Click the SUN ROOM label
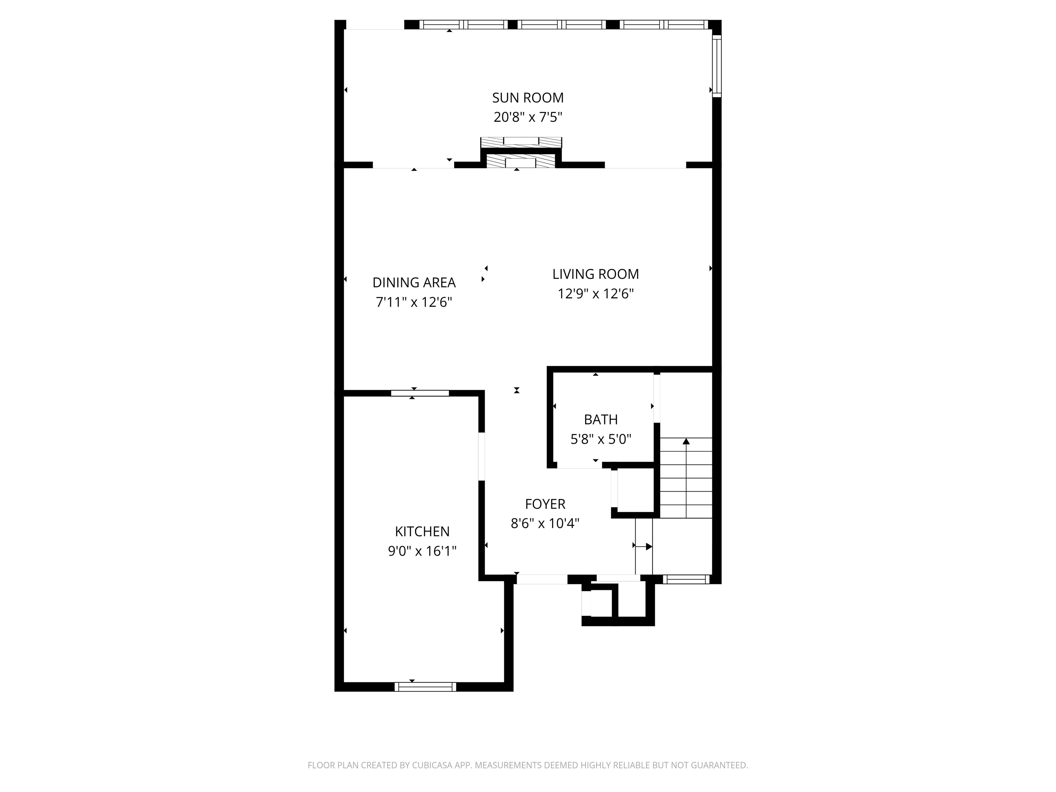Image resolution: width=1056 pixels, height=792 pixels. click(x=528, y=98)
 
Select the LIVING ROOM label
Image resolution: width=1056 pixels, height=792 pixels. click(x=595, y=274)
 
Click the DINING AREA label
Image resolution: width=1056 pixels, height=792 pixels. click(x=414, y=283)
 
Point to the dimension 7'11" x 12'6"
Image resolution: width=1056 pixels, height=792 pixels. click(x=414, y=302)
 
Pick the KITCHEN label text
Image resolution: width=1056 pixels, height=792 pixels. click(x=422, y=531)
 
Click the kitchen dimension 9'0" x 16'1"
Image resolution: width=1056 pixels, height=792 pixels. click(x=422, y=551)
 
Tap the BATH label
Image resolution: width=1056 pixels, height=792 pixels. click(x=601, y=420)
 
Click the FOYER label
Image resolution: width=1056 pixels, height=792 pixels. click(x=545, y=504)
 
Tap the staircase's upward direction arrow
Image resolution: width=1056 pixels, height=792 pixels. click(x=686, y=442)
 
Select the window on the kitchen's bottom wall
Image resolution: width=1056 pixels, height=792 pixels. click(x=425, y=686)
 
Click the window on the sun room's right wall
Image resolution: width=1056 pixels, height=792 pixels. click(x=717, y=66)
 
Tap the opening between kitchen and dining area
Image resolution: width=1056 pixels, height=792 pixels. click(x=420, y=393)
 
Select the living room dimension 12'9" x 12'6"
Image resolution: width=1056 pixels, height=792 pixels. click(x=595, y=294)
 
